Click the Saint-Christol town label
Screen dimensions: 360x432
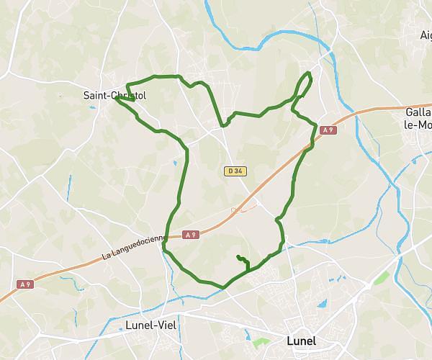[114, 94]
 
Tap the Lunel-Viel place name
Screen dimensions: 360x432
[152, 325]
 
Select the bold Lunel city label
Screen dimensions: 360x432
[301, 341]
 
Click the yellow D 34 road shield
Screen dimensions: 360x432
[232, 171]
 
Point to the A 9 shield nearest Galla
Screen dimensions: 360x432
[328, 130]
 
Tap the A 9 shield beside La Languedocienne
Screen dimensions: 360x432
[190, 234]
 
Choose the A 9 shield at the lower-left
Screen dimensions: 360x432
[25, 284]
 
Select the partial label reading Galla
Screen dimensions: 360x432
[418, 112]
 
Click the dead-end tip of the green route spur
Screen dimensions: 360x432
[237, 256]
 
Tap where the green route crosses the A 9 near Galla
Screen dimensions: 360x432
[308, 146]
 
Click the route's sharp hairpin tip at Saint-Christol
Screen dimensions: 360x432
[115, 99]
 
